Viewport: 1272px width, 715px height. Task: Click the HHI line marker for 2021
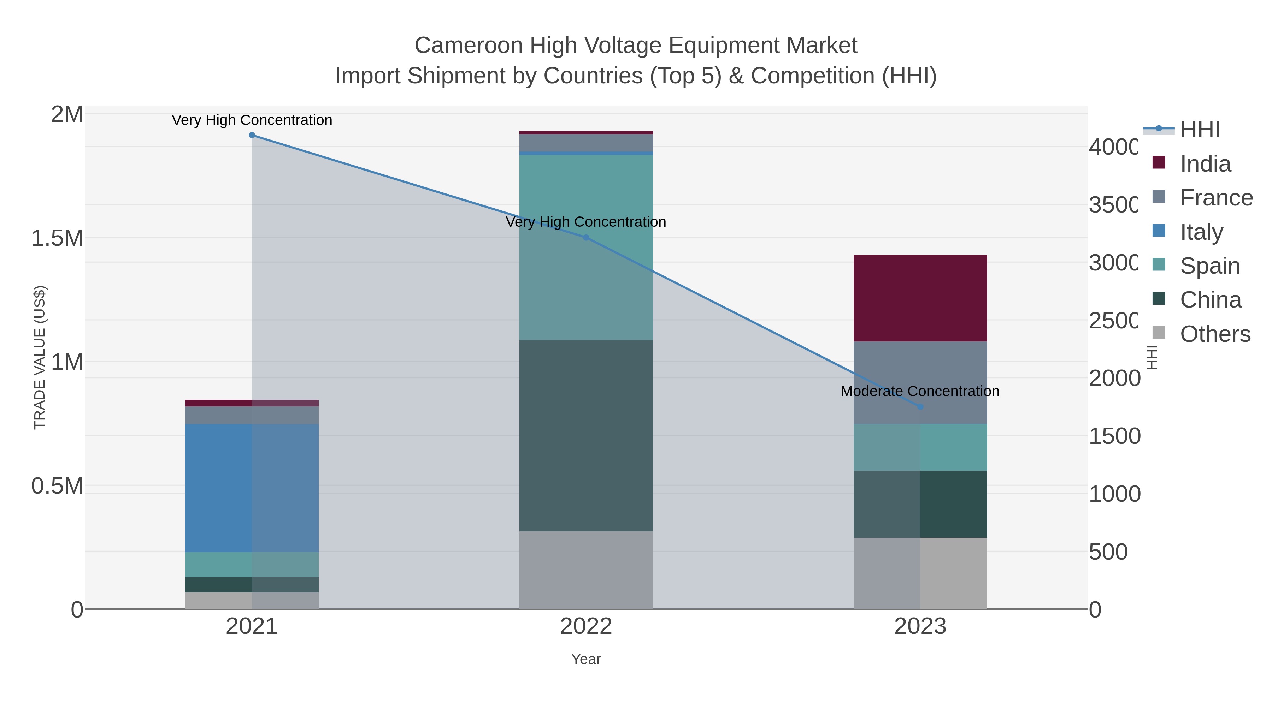pos(252,135)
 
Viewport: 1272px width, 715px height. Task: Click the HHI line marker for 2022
pos(586,237)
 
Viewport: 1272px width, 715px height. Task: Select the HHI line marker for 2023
pos(920,407)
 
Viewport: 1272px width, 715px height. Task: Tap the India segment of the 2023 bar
pos(920,298)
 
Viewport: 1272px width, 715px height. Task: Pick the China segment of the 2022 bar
pos(586,435)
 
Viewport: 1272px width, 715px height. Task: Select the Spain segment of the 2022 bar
pos(586,247)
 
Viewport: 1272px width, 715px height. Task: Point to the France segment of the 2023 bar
pos(920,382)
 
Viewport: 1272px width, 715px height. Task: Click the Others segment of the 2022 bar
pos(586,570)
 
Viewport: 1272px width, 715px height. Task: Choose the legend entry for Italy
pos(1201,231)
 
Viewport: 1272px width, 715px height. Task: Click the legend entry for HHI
pos(1200,130)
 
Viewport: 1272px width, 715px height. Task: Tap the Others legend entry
pos(1215,334)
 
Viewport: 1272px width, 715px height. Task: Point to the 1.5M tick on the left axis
pos(57,238)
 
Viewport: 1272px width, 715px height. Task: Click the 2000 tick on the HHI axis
pos(1114,379)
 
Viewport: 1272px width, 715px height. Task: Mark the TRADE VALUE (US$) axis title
pos(40,357)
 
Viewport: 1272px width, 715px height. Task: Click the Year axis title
pos(586,659)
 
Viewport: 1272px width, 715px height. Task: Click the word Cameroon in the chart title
pos(468,46)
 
